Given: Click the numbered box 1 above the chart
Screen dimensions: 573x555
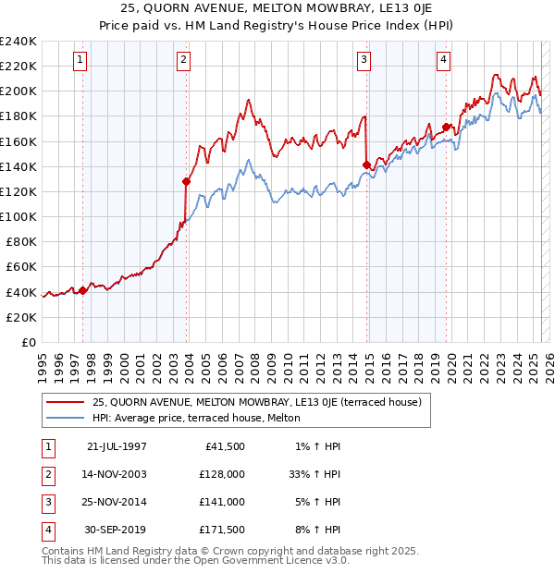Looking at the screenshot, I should coord(81,61).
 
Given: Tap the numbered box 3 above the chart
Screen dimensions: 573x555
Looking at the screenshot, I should coord(364,61).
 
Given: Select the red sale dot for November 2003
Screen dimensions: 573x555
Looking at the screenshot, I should coord(187,181).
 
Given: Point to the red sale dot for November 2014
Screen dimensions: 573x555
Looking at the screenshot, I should coord(366,165).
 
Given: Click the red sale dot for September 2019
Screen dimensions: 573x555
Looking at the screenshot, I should coord(446,127).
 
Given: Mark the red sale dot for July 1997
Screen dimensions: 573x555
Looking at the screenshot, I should coord(83,290).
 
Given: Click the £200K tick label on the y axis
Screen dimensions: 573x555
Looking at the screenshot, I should coord(18,91).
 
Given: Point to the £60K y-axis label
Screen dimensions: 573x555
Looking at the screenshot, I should coord(21,266).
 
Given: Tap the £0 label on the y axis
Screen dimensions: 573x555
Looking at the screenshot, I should coord(29,342).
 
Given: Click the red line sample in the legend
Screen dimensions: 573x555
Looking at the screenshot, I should coord(65,402).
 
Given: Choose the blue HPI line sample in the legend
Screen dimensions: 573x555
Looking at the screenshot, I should coord(65,419).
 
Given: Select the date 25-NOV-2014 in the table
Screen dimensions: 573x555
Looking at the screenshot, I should coord(115,502).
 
